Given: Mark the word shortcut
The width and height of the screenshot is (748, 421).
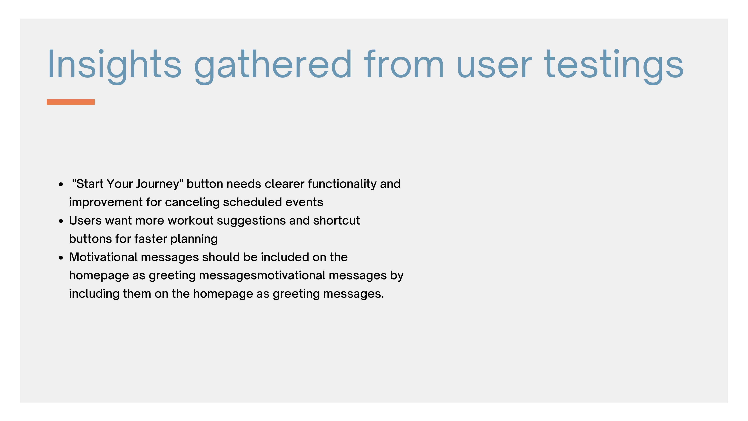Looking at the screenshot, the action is click(337, 221).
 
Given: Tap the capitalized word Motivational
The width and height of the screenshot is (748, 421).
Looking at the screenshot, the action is click(103, 257).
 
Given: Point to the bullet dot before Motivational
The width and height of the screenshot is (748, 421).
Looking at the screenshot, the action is click(61, 258).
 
